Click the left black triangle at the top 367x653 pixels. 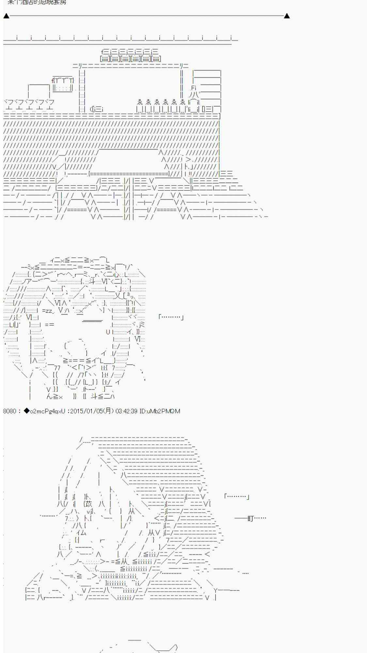click(6, 16)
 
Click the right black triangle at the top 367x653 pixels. click(287, 16)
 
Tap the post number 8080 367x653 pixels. click(9, 411)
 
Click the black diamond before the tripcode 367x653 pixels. click(27, 411)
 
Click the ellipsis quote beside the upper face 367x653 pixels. click(171, 317)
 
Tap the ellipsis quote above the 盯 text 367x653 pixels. click(237, 497)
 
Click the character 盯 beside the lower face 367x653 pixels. click(250, 518)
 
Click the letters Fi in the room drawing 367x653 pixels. click(193, 88)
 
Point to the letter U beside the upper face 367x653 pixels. click(108, 332)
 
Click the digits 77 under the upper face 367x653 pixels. click(57, 368)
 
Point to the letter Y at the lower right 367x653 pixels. click(216, 590)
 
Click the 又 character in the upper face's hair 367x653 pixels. click(118, 296)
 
